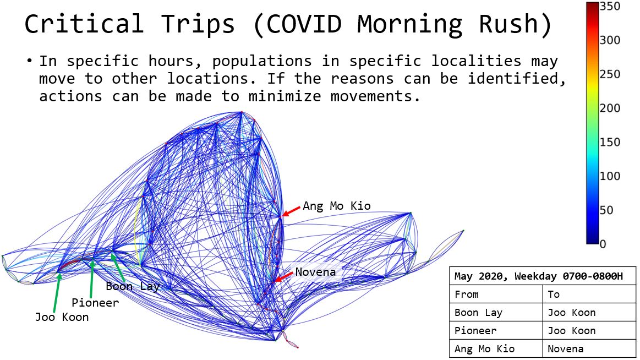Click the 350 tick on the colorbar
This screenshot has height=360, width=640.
coord(610,7)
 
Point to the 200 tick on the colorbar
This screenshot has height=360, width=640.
coord(610,108)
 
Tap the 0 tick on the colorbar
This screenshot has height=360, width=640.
coord(603,244)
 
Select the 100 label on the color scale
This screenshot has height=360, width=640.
coord(610,176)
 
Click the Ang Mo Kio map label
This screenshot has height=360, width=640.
coord(337,206)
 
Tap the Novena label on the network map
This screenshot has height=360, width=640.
coord(315,272)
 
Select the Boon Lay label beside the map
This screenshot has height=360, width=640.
coord(132,286)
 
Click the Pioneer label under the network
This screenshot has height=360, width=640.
coord(95,302)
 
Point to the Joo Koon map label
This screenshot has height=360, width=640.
coord(62,317)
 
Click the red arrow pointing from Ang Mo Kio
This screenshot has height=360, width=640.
coord(292,211)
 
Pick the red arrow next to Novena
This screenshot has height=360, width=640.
coord(284,276)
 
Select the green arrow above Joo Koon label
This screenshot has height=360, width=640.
coord(57,293)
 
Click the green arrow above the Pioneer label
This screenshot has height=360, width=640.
coord(92,279)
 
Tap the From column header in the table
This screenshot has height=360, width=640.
coord(467,294)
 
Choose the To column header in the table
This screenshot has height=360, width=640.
coord(554,294)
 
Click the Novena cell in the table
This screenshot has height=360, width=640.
coord(565,349)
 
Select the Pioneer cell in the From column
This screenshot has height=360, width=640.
coord(475,331)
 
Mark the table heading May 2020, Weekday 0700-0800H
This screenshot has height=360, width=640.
coord(539,276)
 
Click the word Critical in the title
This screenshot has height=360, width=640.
coord(84,24)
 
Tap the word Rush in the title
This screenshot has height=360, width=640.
coord(515,24)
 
